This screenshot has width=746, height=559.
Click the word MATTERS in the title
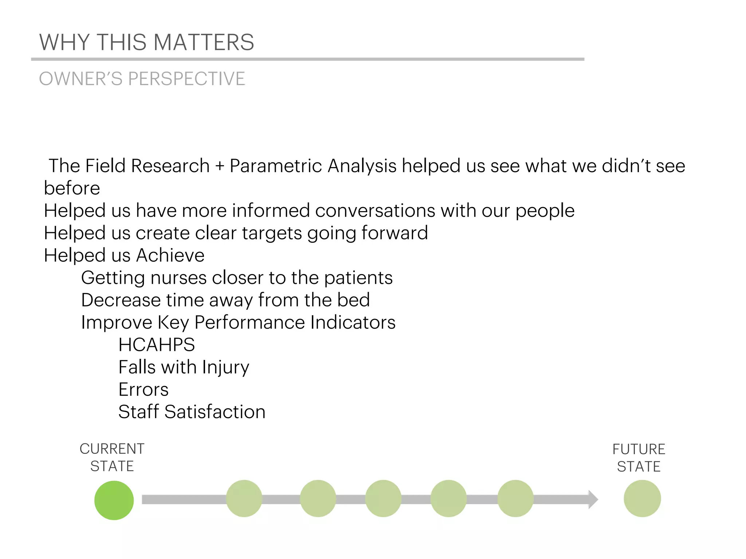204,42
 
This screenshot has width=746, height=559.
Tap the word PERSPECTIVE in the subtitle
186,79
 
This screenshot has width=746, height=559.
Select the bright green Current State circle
114,500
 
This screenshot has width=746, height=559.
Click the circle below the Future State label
642,498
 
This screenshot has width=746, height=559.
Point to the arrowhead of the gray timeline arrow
593,499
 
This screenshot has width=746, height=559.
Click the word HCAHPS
157,345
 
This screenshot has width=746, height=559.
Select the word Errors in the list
144,389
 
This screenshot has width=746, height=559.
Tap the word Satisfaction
215,412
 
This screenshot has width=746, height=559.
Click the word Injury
226,367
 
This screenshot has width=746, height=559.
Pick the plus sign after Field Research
220,166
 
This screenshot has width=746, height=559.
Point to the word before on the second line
72,188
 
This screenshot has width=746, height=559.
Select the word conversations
375,211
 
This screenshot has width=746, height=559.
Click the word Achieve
170,255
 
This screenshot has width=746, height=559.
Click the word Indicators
353,322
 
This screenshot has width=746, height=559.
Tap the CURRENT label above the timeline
112,449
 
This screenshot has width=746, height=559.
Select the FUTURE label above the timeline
639,449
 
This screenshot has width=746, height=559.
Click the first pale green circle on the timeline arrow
244,498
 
